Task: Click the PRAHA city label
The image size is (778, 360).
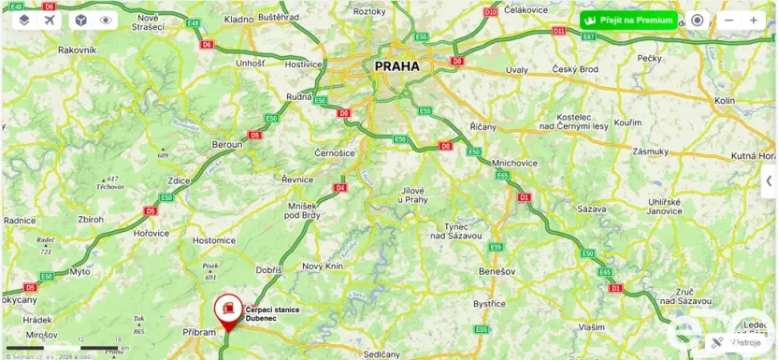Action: (396, 66)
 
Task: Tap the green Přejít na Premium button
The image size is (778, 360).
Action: (627, 20)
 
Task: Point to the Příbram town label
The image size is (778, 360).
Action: (199, 331)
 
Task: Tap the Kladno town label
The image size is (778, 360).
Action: (239, 19)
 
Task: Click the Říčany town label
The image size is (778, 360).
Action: (483, 126)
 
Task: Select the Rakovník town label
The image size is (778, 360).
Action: (78, 50)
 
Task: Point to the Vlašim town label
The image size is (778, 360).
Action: (590, 327)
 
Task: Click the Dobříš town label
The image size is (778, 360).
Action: (269, 269)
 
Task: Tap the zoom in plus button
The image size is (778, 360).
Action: (754, 20)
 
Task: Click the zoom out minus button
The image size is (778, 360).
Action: (729, 20)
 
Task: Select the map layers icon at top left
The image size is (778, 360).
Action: (24, 19)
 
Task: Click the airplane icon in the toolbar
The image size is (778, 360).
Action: (49, 19)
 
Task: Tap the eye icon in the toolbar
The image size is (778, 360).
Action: (105, 19)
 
